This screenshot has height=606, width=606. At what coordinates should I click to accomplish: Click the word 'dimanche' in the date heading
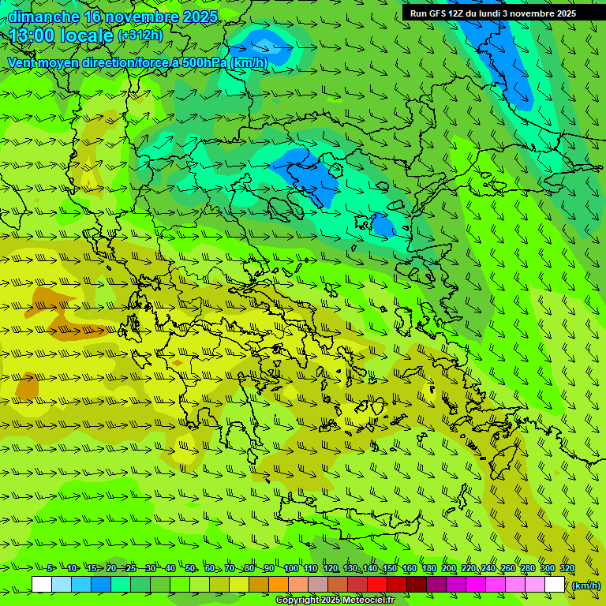pos(43,17)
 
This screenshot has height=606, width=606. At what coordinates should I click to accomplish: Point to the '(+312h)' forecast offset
pos(140,36)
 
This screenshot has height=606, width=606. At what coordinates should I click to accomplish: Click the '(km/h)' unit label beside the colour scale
pos(585,585)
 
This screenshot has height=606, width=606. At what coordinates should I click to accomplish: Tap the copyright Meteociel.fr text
pos(335,600)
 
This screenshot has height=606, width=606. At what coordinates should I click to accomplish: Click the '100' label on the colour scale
pos(290,569)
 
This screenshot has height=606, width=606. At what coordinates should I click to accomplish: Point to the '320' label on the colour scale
pos(567,569)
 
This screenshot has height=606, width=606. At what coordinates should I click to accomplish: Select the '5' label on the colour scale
pos(50,569)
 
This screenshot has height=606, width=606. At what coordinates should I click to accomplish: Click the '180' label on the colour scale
pos(428,569)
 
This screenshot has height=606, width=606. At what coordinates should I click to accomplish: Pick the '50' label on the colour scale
pos(190,569)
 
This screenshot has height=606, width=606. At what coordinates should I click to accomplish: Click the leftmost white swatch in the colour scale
pos(42,585)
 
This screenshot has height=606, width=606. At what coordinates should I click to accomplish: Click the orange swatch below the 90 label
pos(279,585)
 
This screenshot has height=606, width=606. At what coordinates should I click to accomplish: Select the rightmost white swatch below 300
pos(555,585)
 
